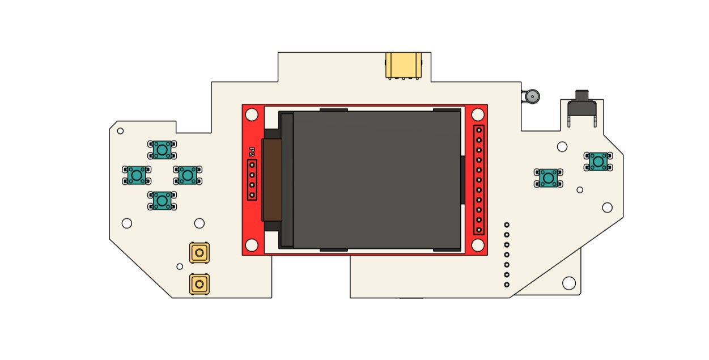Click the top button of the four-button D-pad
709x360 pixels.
tap(162, 150)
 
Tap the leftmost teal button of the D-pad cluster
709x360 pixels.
tap(137, 175)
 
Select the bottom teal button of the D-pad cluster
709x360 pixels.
tap(163, 200)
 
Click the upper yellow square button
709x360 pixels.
tap(199, 252)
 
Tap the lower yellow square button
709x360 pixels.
tap(199, 284)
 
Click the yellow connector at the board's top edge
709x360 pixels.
tap(404, 65)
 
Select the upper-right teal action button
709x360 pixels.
tap(598, 161)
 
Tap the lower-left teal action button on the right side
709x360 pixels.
tap(548, 177)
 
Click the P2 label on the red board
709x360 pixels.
tap(252, 152)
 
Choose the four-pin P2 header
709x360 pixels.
tap(252, 180)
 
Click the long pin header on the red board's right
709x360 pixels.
tap(479, 180)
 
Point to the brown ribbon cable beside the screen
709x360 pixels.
tap(272, 180)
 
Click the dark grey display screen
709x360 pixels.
tap(377, 180)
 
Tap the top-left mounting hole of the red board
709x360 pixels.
tap(252, 115)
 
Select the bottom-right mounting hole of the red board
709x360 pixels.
tap(478, 245)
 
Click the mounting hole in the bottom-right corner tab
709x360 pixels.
tap(568, 282)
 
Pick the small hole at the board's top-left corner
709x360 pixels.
tap(120, 131)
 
